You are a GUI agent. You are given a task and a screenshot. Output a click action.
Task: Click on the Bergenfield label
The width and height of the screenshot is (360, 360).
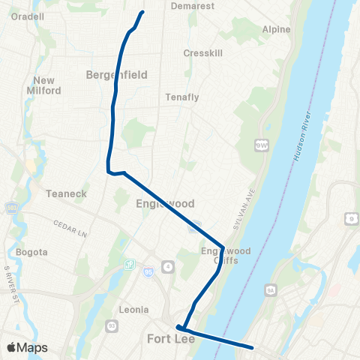click(x=116, y=75)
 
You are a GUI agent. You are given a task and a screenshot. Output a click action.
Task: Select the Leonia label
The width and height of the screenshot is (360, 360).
click(x=133, y=309)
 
